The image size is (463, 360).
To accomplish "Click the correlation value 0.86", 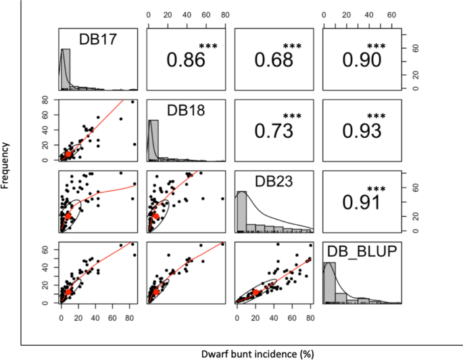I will tap(186, 59).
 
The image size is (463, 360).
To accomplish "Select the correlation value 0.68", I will tap(274, 59).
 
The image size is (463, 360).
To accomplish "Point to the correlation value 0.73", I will tap(274, 130).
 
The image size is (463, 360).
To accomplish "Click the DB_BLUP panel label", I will tap(361, 252).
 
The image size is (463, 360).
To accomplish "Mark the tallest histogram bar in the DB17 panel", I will tap(66, 69).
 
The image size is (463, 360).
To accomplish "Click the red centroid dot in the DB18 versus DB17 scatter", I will tap(68, 154).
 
